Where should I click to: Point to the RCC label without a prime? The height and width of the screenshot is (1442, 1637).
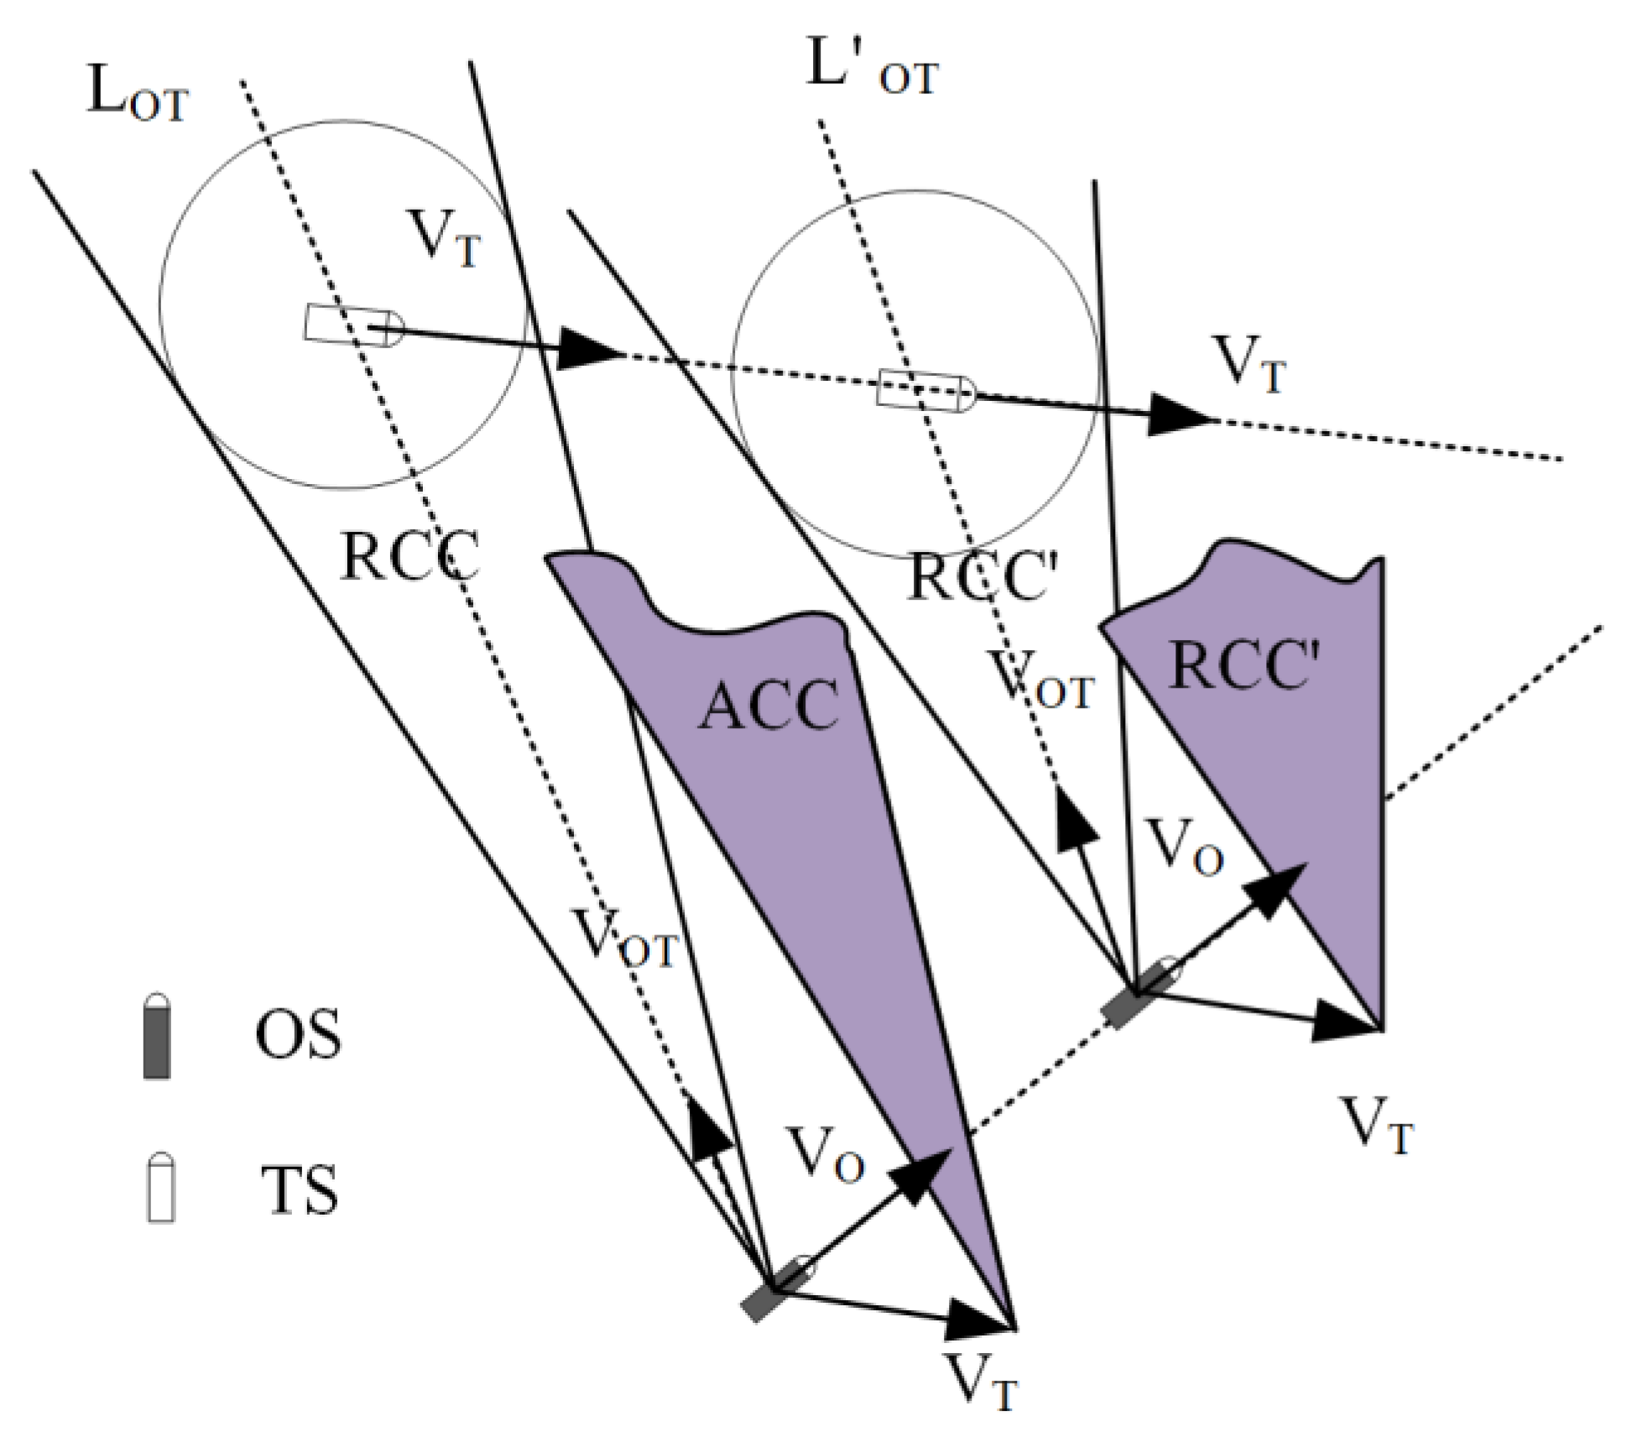point(409,555)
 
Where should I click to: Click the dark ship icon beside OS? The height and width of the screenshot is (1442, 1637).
point(157,1036)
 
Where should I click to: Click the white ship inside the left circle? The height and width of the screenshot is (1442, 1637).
point(352,325)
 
